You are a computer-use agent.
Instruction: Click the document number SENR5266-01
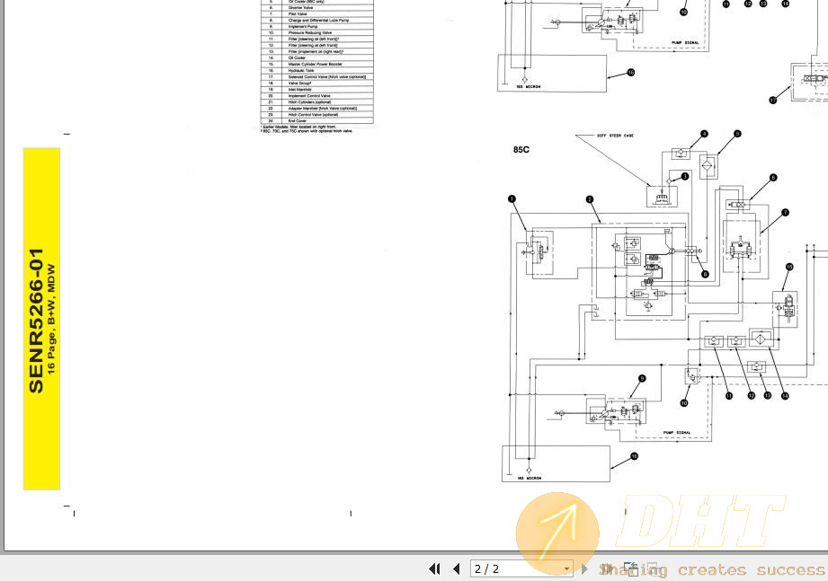pos(36,321)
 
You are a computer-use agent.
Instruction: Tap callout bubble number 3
pos(685,177)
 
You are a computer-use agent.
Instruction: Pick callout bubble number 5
pos(736,134)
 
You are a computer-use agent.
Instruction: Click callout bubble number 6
pos(772,178)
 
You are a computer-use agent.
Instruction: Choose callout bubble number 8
pos(705,273)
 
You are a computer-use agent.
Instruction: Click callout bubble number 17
pos(772,101)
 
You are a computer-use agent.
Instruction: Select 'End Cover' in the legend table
pos(297,120)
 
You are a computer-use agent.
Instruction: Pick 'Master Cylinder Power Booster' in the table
pos(314,64)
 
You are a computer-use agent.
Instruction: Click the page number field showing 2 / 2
pos(521,568)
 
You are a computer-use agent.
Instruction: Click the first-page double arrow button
pos(435,568)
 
